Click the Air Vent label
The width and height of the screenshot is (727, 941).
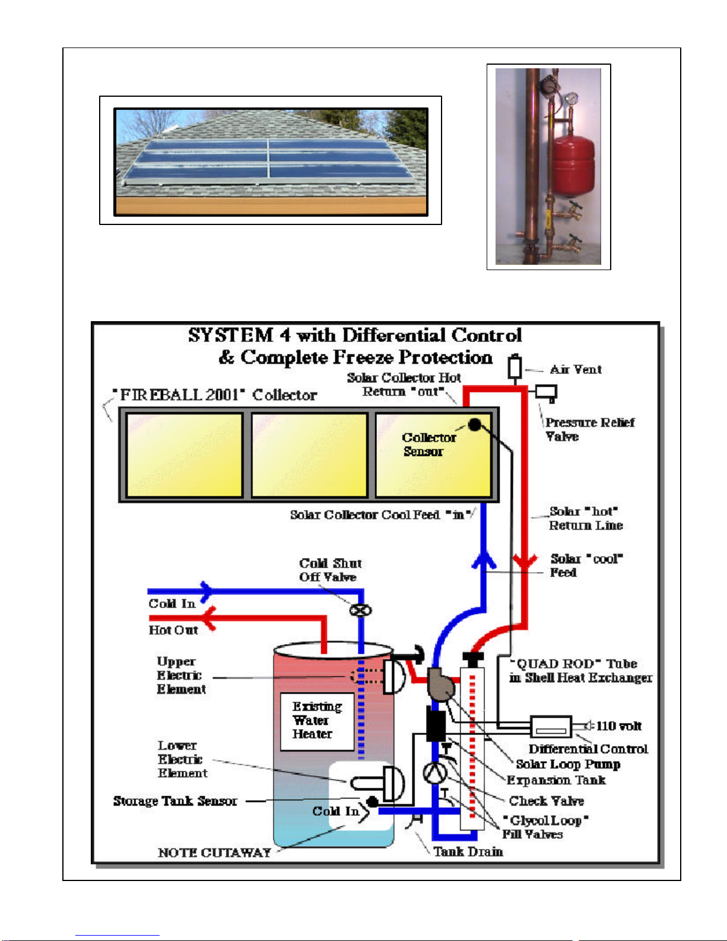pyautogui.click(x=576, y=369)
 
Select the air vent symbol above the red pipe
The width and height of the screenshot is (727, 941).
pyautogui.click(x=515, y=367)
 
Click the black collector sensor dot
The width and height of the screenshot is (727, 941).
pyautogui.click(x=475, y=425)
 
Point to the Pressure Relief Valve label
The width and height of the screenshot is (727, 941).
pyautogui.click(x=590, y=429)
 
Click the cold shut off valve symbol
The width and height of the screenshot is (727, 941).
pyautogui.click(x=360, y=610)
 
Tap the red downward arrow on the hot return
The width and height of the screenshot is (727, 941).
pyautogui.click(x=525, y=561)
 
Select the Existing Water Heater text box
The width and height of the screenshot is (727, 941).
pyautogui.click(x=317, y=722)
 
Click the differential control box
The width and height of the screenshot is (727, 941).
pyautogui.click(x=551, y=727)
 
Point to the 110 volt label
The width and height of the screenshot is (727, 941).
pyautogui.click(x=618, y=725)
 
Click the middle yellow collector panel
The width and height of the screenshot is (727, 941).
pyautogui.click(x=309, y=455)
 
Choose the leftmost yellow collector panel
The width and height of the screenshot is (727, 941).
pyautogui.click(x=184, y=455)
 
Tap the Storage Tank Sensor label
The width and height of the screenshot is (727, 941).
pyautogui.click(x=175, y=801)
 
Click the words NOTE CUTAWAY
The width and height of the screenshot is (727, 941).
pyautogui.click(x=214, y=852)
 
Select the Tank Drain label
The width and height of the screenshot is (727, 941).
pyautogui.click(x=468, y=851)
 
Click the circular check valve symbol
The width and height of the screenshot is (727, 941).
pyautogui.click(x=434, y=773)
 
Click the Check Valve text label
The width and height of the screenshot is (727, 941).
pyautogui.click(x=546, y=801)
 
